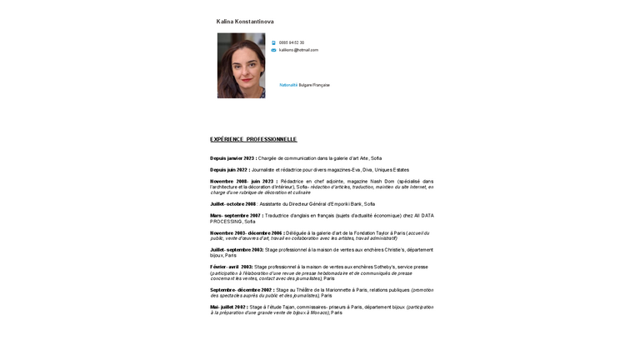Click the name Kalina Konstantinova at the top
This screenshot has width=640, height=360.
pyautogui.click(x=245, y=22)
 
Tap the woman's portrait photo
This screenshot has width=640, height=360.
pyautogui.click(x=241, y=66)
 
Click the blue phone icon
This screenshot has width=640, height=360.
pyautogui.click(x=273, y=42)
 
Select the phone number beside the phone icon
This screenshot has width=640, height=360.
pyautogui.click(x=292, y=42)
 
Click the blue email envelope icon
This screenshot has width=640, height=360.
pyautogui.click(x=273, y=50)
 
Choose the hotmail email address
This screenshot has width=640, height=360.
pyautogui.click(x=298, y=50)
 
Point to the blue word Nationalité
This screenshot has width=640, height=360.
pyautogui.click(x=288, y=85)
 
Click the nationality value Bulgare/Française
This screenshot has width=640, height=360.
pyautogui.click(x=314, y=85)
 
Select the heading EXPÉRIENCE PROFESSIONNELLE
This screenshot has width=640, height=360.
pyautogui.click(x=253, y=139)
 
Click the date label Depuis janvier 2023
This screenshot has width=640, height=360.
pyautogui.click(x=232, y=158)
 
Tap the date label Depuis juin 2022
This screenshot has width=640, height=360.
pyautogui.click(x=229, y=170)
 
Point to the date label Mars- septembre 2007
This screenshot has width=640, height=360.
pyautogui.click(x=236, y=215)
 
